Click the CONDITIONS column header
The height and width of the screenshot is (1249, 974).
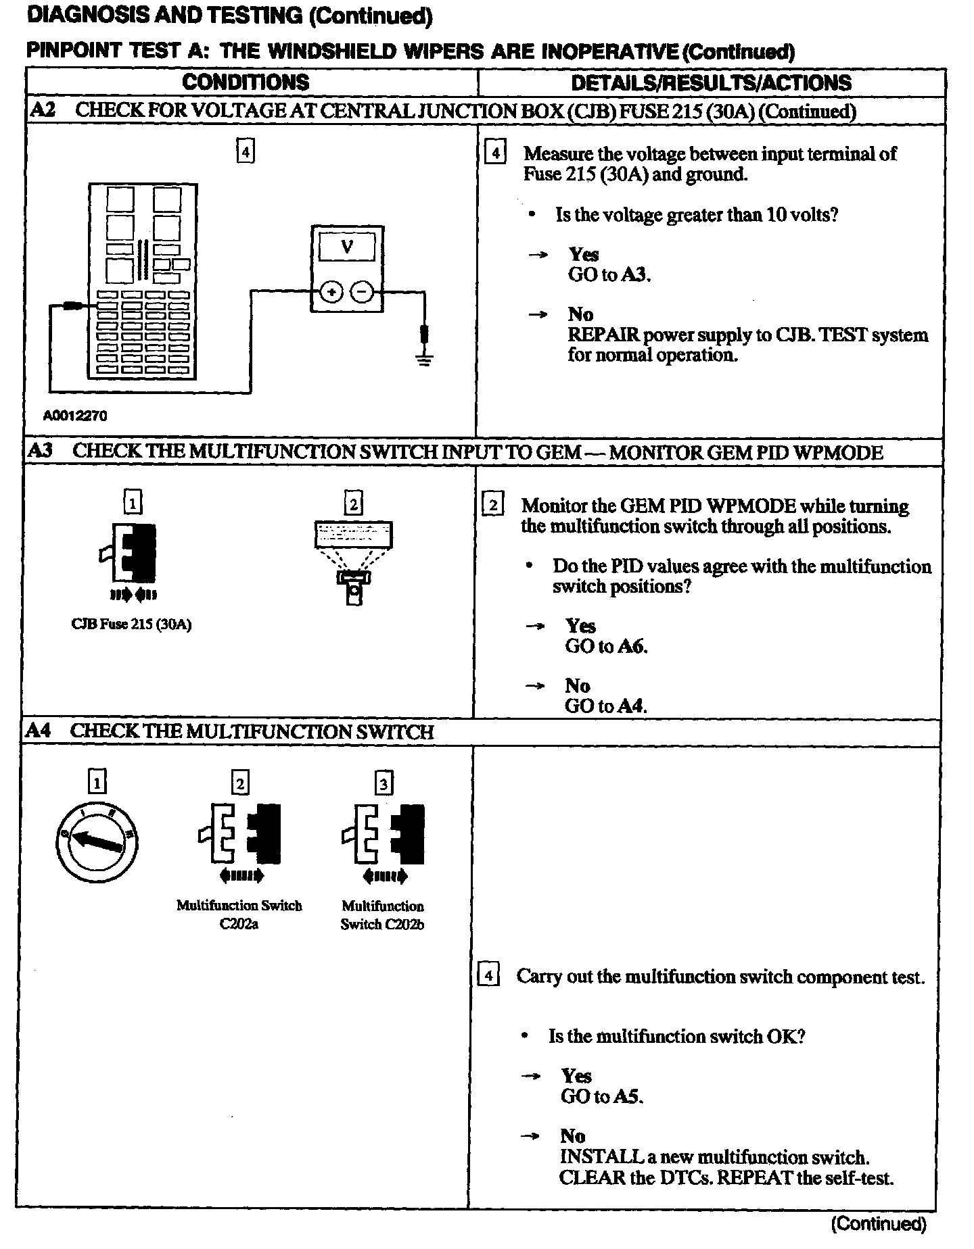[246, 82]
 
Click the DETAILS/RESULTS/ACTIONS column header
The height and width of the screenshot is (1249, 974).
[711, 83]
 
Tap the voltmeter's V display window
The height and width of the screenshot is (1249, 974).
[347, 247]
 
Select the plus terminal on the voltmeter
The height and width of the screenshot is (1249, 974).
[331, 292]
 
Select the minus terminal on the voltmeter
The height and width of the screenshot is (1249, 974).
[363, 292]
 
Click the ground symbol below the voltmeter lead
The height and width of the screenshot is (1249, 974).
[425, 359]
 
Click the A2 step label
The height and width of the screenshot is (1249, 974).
[43, 110]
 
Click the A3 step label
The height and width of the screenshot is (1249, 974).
[41, 451]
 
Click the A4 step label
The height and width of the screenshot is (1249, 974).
[38, 731]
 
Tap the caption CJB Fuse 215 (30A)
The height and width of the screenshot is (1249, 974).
[131, 624]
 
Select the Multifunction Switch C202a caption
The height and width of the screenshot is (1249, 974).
[239, 914]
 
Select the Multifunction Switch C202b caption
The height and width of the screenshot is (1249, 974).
[382, 915]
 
